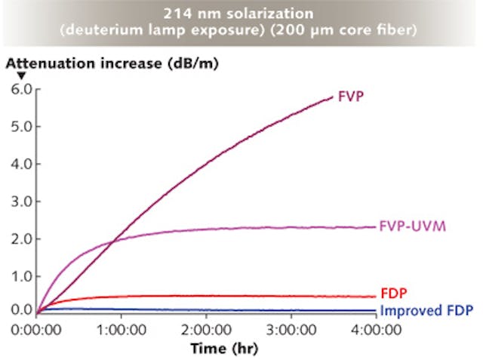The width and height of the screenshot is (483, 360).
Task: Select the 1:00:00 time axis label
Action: (122, 328)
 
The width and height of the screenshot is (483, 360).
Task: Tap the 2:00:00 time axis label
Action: (207, 328)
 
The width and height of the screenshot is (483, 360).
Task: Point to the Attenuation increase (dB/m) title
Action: (112, 63)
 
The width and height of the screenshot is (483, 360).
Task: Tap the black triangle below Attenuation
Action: (21, 75)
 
